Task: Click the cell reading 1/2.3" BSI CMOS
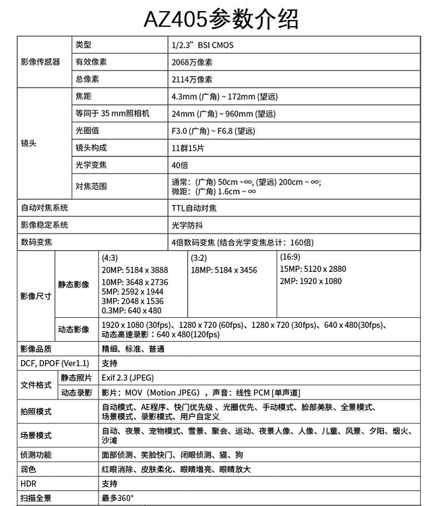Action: click(203, 45)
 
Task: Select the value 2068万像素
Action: click(192, 62)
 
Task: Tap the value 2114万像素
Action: click(192, 79)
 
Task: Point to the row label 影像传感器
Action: click(40, 62)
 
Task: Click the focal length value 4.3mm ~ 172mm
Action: click(225, 97)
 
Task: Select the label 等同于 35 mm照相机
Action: click(112, 114)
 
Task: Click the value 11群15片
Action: click(188, 148)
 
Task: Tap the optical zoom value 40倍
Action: click(180, 165)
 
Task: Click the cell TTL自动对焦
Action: click(194, 208)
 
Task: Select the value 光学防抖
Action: click(187, 225)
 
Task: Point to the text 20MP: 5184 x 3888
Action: click(135, 270)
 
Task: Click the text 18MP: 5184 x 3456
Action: click(224, 270)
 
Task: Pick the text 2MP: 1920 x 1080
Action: click(311, 281)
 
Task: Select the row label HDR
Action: click(28, 484)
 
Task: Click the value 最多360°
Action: click(118, 498)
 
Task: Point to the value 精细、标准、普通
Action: click(133, 349)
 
